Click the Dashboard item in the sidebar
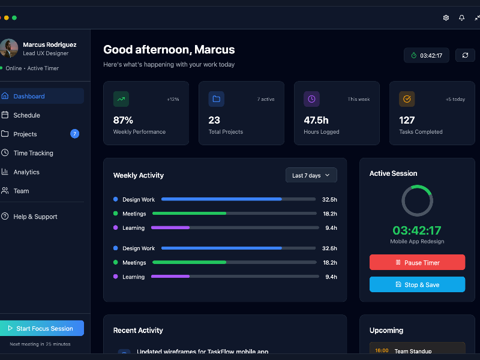(29, 96)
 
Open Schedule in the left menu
(26, 115)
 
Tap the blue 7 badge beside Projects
(74, 134)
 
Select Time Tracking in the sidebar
(33, 153)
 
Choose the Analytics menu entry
(26, 172)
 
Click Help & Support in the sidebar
(35, 217)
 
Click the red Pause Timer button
(417, 263)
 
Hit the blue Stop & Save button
(417, 284)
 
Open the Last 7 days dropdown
(311, 175)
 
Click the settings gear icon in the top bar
(446, 18)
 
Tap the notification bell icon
(461, 18)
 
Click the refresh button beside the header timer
(465, 56)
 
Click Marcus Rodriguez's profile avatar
(9, 49)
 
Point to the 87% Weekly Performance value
(123, 120)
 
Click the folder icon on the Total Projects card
(216, 99)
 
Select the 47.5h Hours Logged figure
(316, 120)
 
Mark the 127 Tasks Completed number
(407, 120)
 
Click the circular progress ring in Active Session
(417, 200)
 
